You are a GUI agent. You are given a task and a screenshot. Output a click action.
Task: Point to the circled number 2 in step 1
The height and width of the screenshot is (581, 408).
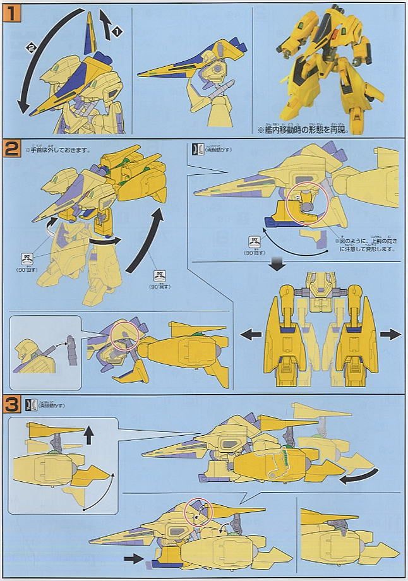tap(30, 47)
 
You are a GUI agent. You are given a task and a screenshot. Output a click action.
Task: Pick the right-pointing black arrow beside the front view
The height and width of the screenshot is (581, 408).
tap(391, 333)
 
